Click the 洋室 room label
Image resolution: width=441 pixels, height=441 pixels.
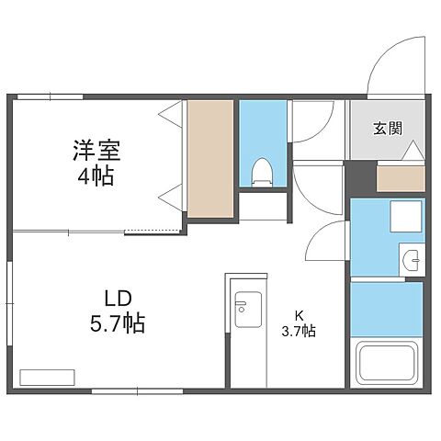pyautogui.click(x=96, y=149)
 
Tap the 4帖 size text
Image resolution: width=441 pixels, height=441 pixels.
pyautogui.click(x=96, y=175)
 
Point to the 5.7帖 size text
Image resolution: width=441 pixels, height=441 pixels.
pyautogui.click(x=118, y=323)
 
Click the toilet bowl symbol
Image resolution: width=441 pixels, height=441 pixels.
pyautogui.click(x=263, y=171)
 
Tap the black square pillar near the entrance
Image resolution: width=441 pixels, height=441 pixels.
pyautogui.click(x=360, y=175)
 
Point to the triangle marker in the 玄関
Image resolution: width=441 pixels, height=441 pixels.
pyautogui.click(x=413, y=150)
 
